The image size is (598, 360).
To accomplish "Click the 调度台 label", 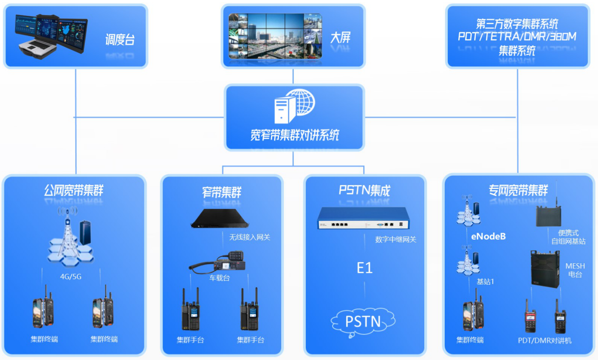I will click(120, 40).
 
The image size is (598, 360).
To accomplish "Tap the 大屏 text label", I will click(340, 38).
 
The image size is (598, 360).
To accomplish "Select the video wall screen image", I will click(275, 36).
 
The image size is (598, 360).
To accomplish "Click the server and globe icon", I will click(294, 106).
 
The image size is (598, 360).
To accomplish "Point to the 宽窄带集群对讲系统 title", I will click(294, 135).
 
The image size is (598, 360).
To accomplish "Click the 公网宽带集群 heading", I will click(74, 191).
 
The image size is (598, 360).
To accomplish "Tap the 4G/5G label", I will click(71, 277).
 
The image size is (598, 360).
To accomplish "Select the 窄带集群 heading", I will click(221, 192).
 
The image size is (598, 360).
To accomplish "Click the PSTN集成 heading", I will click(364, 191).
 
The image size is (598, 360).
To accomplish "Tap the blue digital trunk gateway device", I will click(363, 219).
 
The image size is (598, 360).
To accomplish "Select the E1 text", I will click(364, 268).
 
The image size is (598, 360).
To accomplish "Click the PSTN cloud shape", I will click(363, 322).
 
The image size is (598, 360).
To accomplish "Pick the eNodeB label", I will click(488, 236).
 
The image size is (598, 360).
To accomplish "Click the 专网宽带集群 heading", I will click(518, 190).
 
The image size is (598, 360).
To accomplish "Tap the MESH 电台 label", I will click(575, 270).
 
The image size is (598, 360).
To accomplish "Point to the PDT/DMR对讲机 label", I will click(544, 340).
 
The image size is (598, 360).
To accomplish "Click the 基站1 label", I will click(485, 281).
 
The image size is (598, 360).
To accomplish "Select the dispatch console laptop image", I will click(51, 36).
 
